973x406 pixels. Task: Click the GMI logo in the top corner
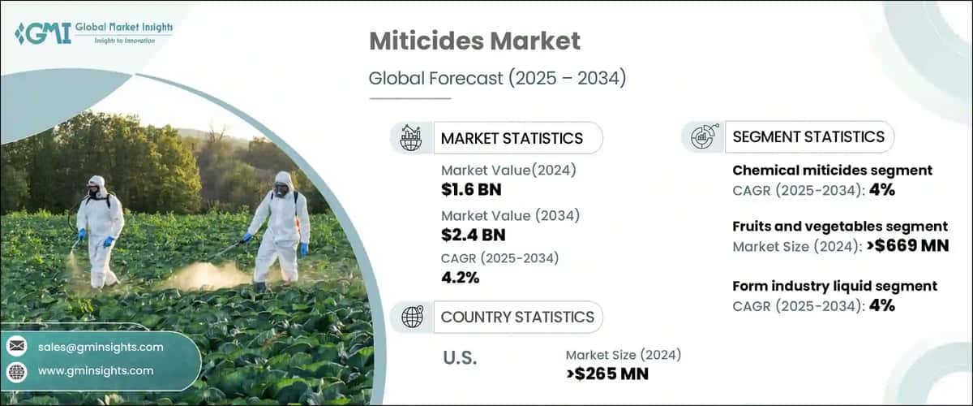(93, 33)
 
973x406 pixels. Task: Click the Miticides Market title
(477, 41)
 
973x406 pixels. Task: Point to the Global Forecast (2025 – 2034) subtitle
(497, 78)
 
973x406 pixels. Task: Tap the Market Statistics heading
(512, 138)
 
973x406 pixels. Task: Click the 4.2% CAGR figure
(461, 278)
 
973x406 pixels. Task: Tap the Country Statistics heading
(517, 317)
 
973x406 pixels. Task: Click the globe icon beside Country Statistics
(412, 317)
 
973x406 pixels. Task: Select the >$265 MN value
(607, 374)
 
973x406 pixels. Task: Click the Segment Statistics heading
(808, 136)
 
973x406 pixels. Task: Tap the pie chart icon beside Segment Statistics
(701, 136)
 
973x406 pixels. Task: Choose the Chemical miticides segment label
(832, 171)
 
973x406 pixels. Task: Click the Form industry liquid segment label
(834, 286)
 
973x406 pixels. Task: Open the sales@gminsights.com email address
(101, 347)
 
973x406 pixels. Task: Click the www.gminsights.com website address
(96, 370)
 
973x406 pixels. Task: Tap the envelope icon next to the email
(16, 347)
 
